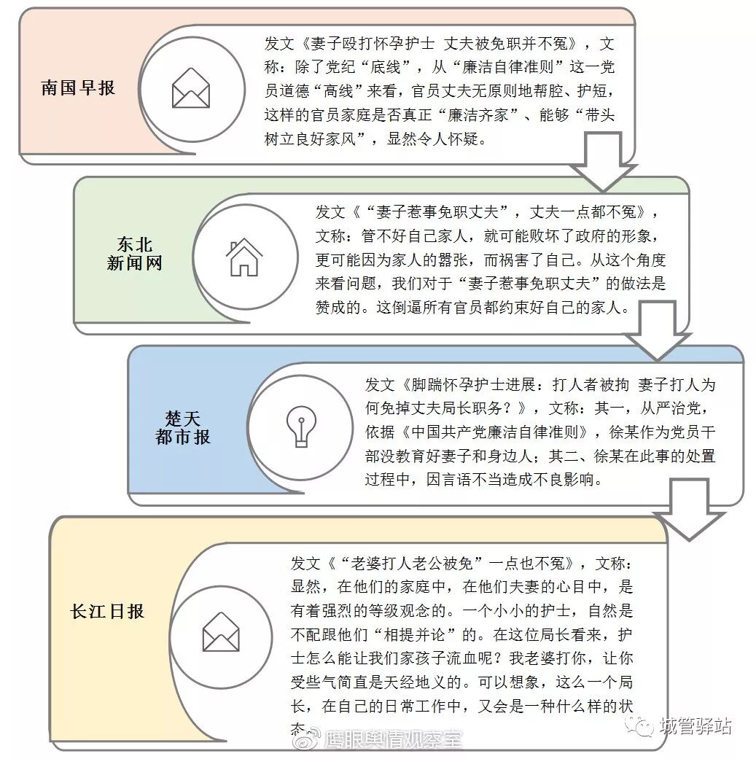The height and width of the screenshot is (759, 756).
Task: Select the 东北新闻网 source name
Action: pyautogui.click(x=134, y=254)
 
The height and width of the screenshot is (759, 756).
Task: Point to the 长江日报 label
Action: pyautogui.click(x=107, y=611)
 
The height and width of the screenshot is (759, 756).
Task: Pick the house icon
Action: pyautogui.click(x=243, y=257)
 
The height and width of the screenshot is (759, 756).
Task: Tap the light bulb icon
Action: pyautogui.click(x=299, y=427)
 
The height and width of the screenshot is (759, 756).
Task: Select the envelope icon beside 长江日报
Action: pyautogui.click(x=221, y=631)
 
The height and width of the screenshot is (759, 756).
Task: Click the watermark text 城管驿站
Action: pyautogui.click(x=694, y=726)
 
